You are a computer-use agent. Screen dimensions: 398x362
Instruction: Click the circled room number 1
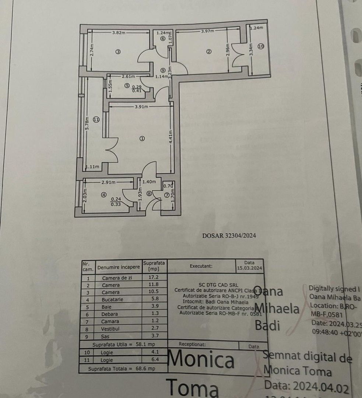click(x=142, y=139)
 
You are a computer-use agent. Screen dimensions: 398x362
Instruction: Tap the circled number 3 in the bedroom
click(x=118, y=52)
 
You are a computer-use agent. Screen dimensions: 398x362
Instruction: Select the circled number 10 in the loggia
click(x=261, y=46)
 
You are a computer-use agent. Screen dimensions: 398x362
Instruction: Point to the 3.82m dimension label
click(x=119, y=32)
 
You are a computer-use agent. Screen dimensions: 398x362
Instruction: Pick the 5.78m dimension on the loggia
click(x=87, y=123)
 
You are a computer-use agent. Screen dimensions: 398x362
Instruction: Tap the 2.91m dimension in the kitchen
click(x=109, y=182)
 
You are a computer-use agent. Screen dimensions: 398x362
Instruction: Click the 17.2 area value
click(x=155, y=277)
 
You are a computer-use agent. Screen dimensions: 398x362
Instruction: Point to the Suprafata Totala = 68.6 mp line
click(x=124, y=368)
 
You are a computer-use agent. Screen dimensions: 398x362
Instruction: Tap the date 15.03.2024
click(x=249, y=268)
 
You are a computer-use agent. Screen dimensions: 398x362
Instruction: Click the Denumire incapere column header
click(x=119, y=267)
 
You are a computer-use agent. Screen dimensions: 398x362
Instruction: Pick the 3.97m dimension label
click(x=208, y=32)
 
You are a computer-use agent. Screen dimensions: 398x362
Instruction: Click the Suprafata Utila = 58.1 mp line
click(x=124, y=345)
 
